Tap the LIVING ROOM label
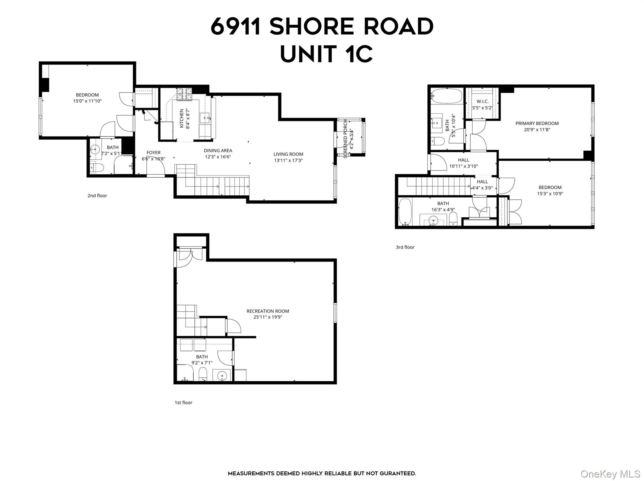(288, 154)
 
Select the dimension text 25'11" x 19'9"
(268, 317)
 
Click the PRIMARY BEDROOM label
(537, 123)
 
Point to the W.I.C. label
(482, 101)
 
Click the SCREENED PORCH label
(345, 138)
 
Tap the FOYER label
(153, 153)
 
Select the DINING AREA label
(218, 151)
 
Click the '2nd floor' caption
(97, 196)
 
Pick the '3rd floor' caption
(405, 247)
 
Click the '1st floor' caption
(183, 403)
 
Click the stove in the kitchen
(184, 94)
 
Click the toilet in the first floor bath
(203, 373)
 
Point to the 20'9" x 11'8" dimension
(537, 130)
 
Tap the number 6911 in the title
(236, 26)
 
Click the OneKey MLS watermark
(610, 474)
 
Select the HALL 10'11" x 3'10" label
(463, 160)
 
